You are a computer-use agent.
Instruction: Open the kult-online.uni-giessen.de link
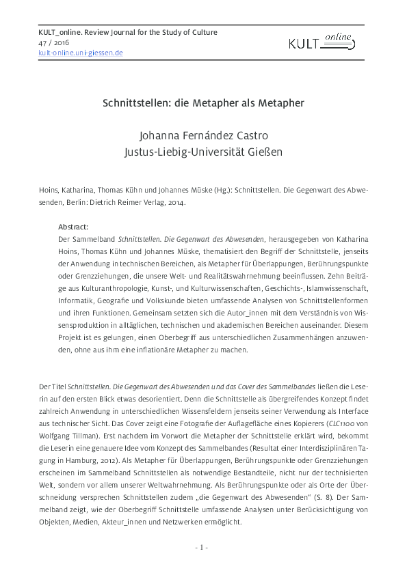click(81, 53)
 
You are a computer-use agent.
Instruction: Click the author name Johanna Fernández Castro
click(202, 134)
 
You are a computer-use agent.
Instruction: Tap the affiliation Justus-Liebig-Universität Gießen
click(202, 149)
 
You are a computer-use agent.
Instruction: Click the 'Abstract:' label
click(75, 226)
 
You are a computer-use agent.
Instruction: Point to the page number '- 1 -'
click(202, 547)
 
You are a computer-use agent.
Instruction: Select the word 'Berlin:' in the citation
click(95, 203)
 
